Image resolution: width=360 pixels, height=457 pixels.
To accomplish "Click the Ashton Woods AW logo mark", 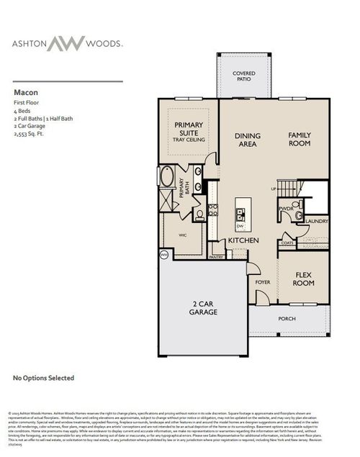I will point(67,43).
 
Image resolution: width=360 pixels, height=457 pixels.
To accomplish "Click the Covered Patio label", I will point(243,76).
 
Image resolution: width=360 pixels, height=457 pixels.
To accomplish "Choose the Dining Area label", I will point(247,140).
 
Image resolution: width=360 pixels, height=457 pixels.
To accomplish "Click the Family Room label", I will point(299,139).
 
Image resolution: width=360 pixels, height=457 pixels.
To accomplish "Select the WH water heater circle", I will point(163,254).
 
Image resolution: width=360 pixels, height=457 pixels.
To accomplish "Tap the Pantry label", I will point(216,256).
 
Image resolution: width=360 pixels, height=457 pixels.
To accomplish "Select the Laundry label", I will point(317,222).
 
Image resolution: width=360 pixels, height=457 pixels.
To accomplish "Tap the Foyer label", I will point(263,281).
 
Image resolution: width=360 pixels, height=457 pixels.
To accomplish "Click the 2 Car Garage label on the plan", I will point(203,309).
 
